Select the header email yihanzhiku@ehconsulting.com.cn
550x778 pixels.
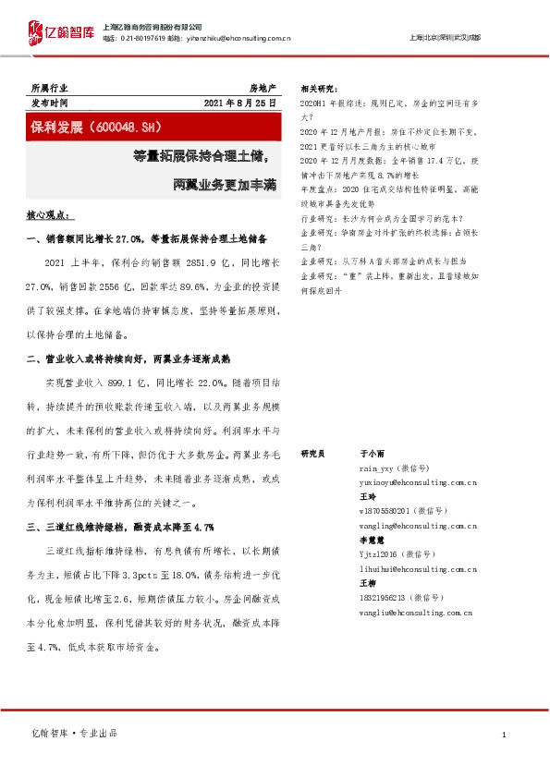[x=242, y=39]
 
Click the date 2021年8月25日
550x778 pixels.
[x=239, y=103]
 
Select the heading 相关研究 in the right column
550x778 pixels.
[x=318, y=89]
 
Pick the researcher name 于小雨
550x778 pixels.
[x=371, y=455]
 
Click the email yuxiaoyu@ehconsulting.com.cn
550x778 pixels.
[x=417, y=482]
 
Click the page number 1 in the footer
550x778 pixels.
[x=503, y=735]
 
